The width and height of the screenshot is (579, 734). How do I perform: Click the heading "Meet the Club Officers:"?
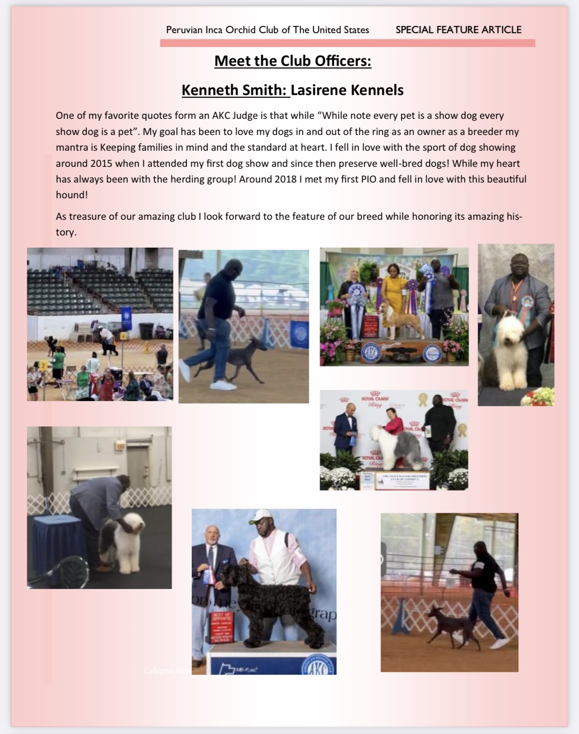tap(293, 61)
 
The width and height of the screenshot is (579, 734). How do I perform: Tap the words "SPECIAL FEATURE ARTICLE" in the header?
tap(458, 30)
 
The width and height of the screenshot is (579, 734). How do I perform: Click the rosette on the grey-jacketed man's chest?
tap(523, 305)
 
